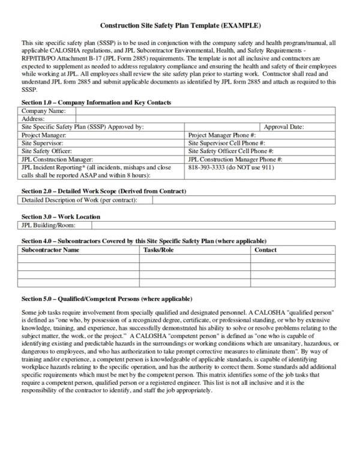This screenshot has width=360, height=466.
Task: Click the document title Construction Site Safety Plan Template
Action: (x=179, y=26)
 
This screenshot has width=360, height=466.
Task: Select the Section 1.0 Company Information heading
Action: (x=96, y=103)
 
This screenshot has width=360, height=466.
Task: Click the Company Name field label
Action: (x=44, y=111)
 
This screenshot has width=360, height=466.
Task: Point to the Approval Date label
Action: (x=284, y=127)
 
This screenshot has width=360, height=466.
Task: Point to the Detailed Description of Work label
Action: (x=79, y=199)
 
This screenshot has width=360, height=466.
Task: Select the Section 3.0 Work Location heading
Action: (x=61, y=216)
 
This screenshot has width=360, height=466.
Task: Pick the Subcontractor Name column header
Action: (x=50, y=250)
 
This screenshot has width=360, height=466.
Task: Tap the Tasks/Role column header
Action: (x=158, y=250)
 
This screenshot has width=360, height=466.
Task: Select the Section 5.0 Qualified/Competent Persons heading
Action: (x=107, y=299)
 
